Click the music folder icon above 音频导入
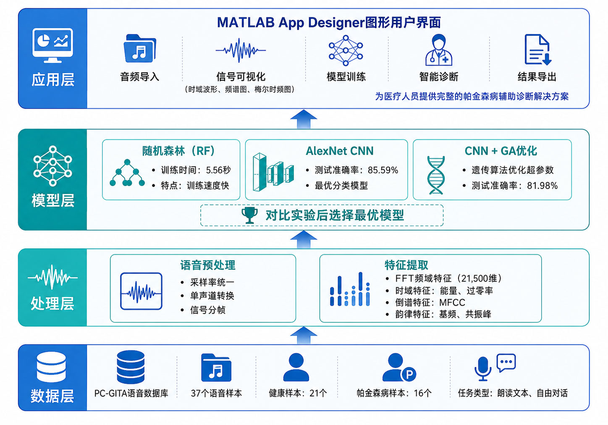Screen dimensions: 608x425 pyautogui.click(x=140, y=48)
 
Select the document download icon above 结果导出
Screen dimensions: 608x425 pyautogui.click(x=538, y=50)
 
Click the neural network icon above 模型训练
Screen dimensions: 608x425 pyautogui.click(x=346, y=50)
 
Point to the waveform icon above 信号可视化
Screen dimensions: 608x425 pyautogui.click(x=241, y=50)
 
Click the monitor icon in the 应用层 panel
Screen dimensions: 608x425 pyautogui.click(x=52, y=45)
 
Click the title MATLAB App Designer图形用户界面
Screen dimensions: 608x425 pyautogui.click(x=329, y=22)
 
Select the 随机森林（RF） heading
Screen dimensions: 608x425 pyautogui.click(x=178, y=151)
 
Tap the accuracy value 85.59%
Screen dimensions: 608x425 pyautogui.click(x=383, y=170)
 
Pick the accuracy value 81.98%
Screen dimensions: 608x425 pyautogui.click(x=542, y=186)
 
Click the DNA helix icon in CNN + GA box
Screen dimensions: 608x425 pyautogui.click(x=436, y=175)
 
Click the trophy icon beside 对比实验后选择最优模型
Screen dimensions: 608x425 pyautogui.click(x=249, y=215)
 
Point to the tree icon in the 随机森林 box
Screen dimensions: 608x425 pyautogui.click(x=127, y=173)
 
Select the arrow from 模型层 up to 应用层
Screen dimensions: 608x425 pyautogui.click(x=304, y=119)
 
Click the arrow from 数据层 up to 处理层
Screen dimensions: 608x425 pyautogui.click(x=304, y=336)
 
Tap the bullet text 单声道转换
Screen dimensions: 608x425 pyautogui.click(x=212, y=296)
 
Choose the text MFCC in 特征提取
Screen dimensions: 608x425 pyautogui.click(x=452, y=302)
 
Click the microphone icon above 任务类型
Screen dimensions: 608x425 pyautogui.click(x=483, y=369)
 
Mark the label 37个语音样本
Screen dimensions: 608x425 pyautogui.click(x=216, y=393)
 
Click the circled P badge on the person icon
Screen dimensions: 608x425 pyautogui.click(x=409, y=375)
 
